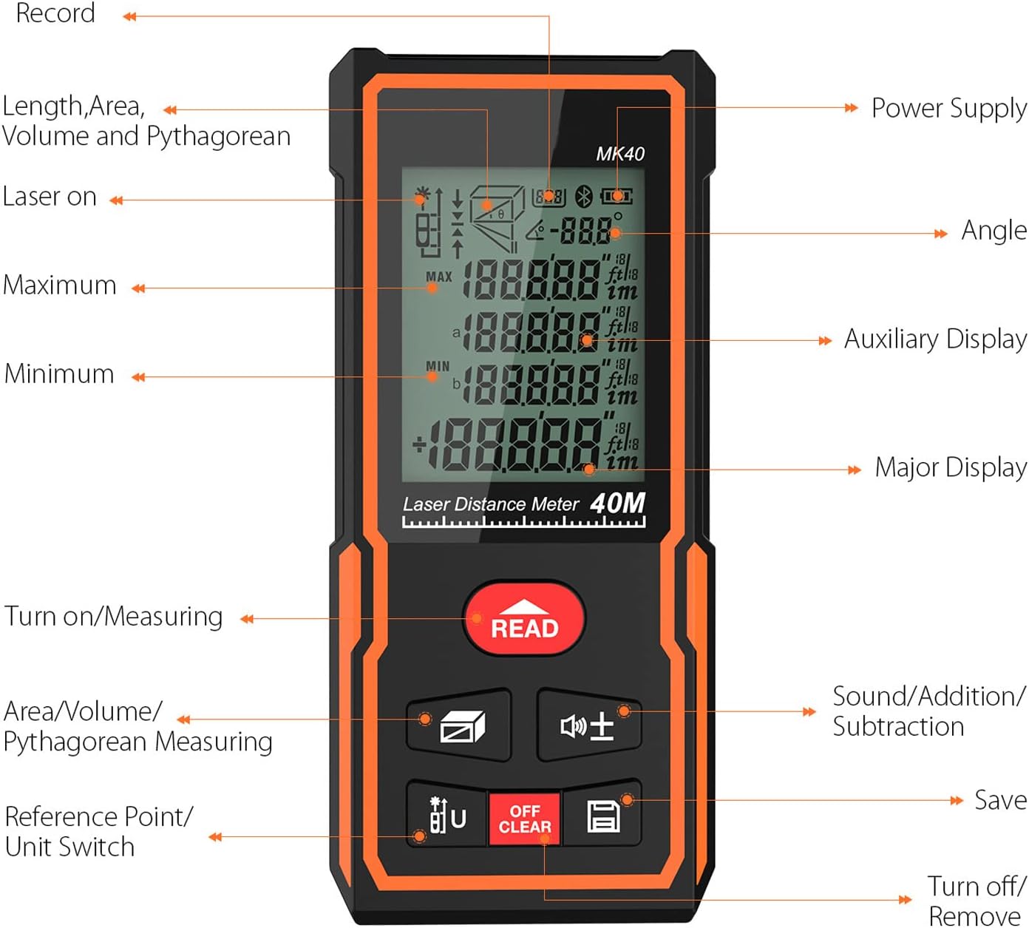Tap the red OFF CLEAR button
click(524, 819)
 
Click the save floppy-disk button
click(602, 816)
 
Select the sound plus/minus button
click(588, 725)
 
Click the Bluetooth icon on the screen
click(584, 197)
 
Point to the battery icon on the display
click(616, 197)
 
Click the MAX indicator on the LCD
click(438, 277)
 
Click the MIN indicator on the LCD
click(438, 366)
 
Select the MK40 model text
click(620, 154)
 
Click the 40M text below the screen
click(617, 503)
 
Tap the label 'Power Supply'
click(948, 108)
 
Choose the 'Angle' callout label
click(994, 231)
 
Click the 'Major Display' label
click(950, 467)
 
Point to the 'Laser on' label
click(50, 197)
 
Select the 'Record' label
click(55, 13)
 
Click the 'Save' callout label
click(999, 800)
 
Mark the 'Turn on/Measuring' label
click(114, 616)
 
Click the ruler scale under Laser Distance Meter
click(523, 522)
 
